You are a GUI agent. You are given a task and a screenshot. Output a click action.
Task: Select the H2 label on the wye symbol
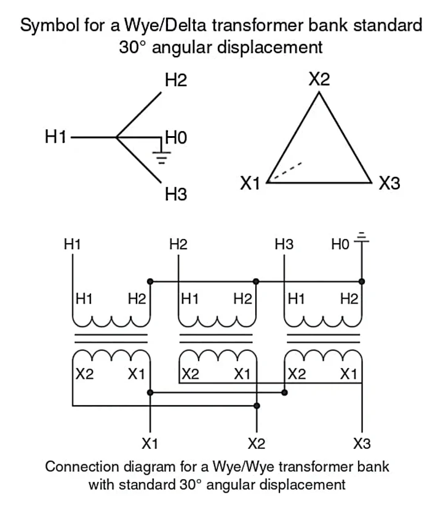point(175,80)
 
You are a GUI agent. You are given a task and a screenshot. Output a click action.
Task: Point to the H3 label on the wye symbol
point(175,195)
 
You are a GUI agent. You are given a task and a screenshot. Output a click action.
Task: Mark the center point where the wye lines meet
point(117,137)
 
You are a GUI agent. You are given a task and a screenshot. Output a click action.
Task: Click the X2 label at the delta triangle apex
point(319,79)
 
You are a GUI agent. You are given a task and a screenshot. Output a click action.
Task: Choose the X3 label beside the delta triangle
point(389,183)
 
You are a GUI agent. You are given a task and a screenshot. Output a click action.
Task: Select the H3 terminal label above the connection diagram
point(284,244)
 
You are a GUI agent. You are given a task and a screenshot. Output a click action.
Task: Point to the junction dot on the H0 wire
point(362,281)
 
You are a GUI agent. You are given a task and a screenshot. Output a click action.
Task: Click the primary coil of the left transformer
point(111,321)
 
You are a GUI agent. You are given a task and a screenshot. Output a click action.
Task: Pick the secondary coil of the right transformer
point(322,355)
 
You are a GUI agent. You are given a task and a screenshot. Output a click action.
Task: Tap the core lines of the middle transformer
point(217,338)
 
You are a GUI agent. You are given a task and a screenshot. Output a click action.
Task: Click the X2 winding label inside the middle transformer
point(190,374)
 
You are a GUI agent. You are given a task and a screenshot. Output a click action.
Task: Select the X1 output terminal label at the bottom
point(150,443)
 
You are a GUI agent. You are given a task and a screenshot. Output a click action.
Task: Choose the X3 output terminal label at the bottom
point(362,443)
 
